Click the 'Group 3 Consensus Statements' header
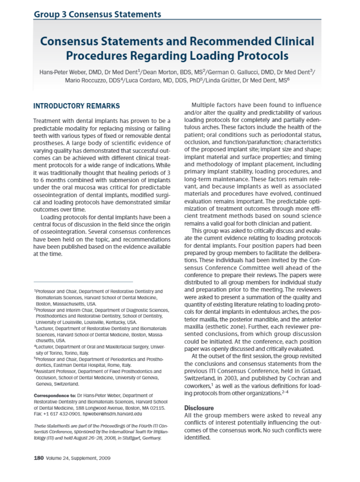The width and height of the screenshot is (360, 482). click(97, 14)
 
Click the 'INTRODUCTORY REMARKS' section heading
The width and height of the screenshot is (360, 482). click(76, 106)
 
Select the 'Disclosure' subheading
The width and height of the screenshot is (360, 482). click(199, 408)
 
